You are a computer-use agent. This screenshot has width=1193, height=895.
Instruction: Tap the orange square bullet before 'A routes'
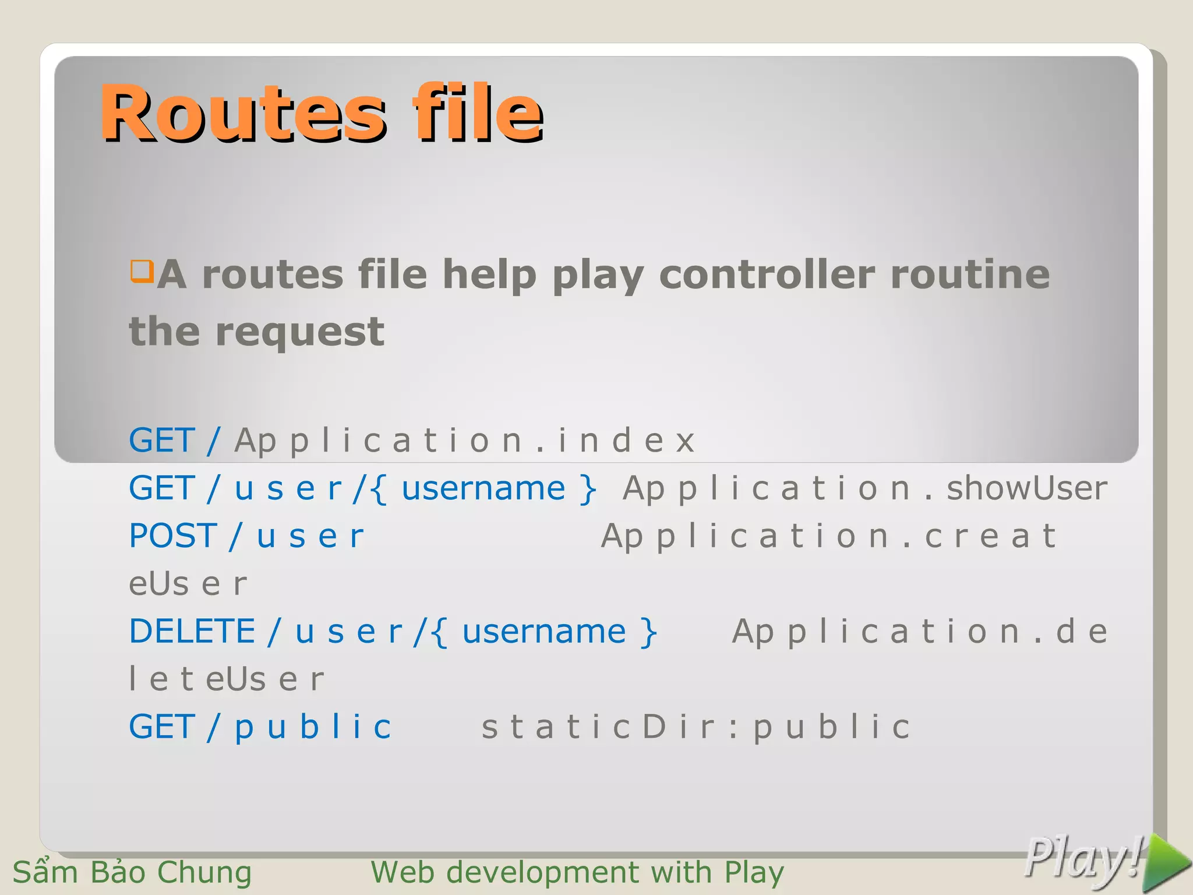(142, 271)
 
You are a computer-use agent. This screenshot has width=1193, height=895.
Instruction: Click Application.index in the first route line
(464, 440)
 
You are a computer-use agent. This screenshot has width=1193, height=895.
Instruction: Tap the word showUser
(1026, 488)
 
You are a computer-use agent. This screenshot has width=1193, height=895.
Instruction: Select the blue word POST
(172, 535)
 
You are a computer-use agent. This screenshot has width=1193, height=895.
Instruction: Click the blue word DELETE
(192, 631)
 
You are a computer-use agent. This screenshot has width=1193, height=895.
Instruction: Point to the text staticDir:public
(696, 727)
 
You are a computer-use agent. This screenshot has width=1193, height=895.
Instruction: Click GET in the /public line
(161, 727)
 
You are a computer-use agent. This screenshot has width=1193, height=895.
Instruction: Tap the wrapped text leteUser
(226, 679)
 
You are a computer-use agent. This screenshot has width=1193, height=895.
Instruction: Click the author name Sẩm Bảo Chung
(132, 872)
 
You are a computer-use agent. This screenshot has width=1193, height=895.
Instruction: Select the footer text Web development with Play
(577, 872)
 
